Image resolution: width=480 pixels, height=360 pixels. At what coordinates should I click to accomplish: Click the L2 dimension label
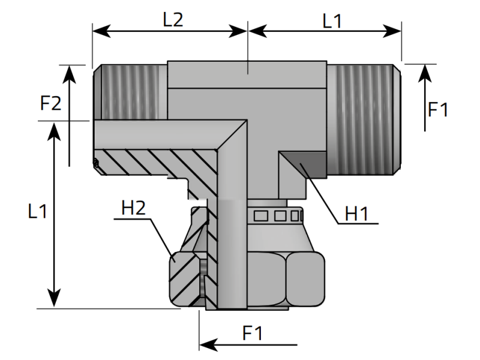pos(173,20)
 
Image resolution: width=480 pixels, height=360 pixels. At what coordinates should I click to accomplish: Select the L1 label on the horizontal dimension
pos(332,22)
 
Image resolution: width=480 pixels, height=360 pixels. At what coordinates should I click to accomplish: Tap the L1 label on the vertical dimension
pos(37,211)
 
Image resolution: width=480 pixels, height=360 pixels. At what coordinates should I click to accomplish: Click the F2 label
pos(51,103)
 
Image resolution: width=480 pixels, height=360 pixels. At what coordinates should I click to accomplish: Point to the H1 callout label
pos(356,214)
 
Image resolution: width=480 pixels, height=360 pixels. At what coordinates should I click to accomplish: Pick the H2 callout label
pos(133,208)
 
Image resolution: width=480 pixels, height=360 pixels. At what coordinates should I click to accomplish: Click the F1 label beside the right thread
pos(438,109)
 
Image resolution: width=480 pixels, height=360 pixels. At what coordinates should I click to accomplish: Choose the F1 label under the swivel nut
pos(253,333)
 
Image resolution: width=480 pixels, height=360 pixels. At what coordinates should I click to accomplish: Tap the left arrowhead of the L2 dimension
pos(101,31)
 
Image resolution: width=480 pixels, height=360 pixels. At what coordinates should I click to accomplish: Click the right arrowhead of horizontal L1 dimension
pos(392,31)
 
